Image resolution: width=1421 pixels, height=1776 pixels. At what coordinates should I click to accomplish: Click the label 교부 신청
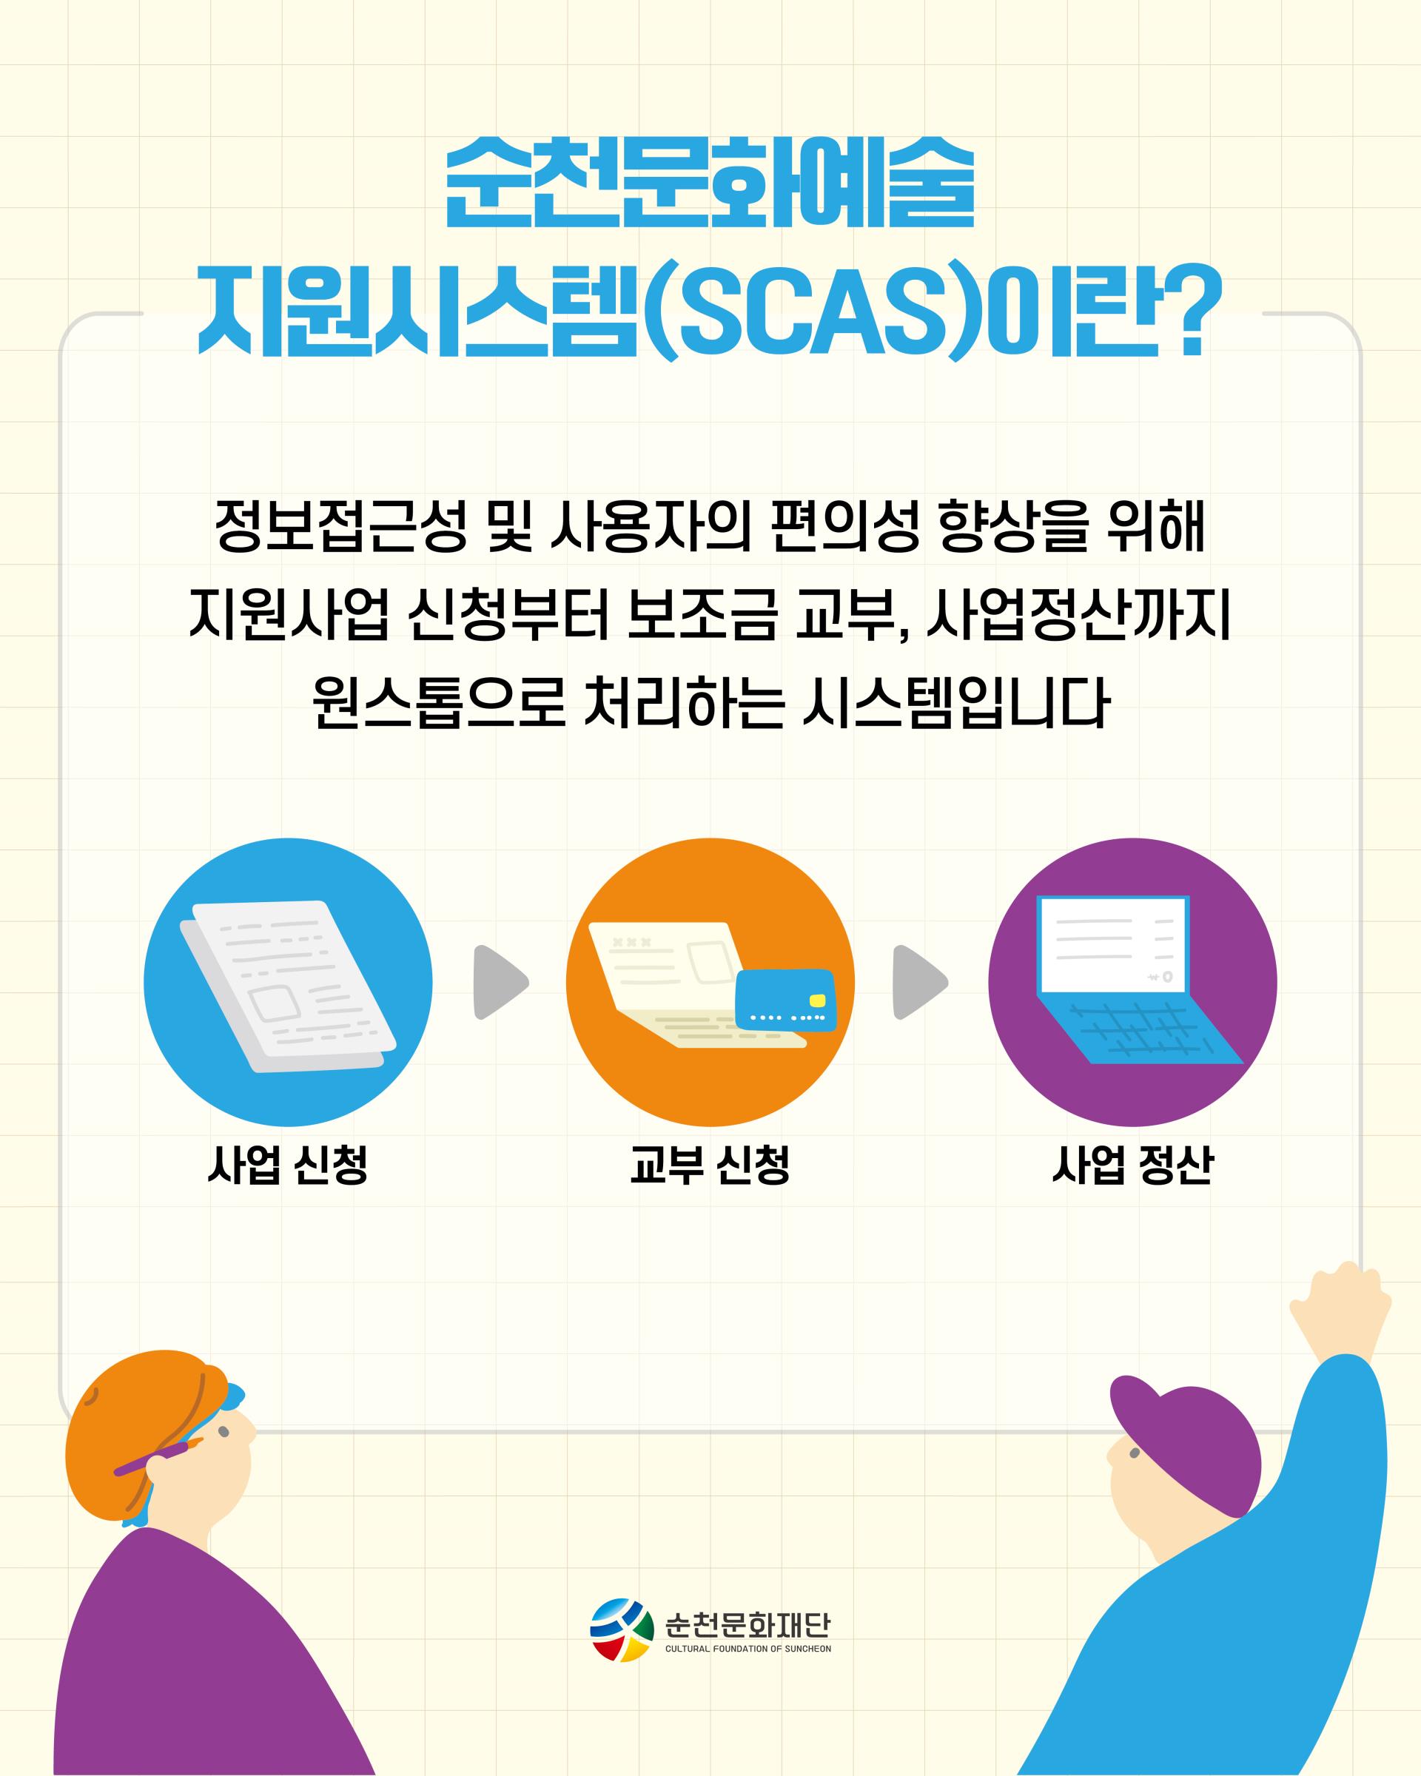(710, 1165)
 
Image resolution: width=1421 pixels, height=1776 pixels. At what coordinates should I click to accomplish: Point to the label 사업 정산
(1132, 1165)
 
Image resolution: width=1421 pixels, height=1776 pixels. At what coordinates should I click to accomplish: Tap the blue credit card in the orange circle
(785, 999)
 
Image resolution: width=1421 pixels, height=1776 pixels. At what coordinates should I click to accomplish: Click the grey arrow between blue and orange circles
(500, 982)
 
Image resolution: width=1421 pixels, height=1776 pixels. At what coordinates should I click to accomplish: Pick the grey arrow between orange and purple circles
(920, 982)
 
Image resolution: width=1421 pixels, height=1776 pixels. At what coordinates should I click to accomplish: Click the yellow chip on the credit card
(817, 1000)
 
